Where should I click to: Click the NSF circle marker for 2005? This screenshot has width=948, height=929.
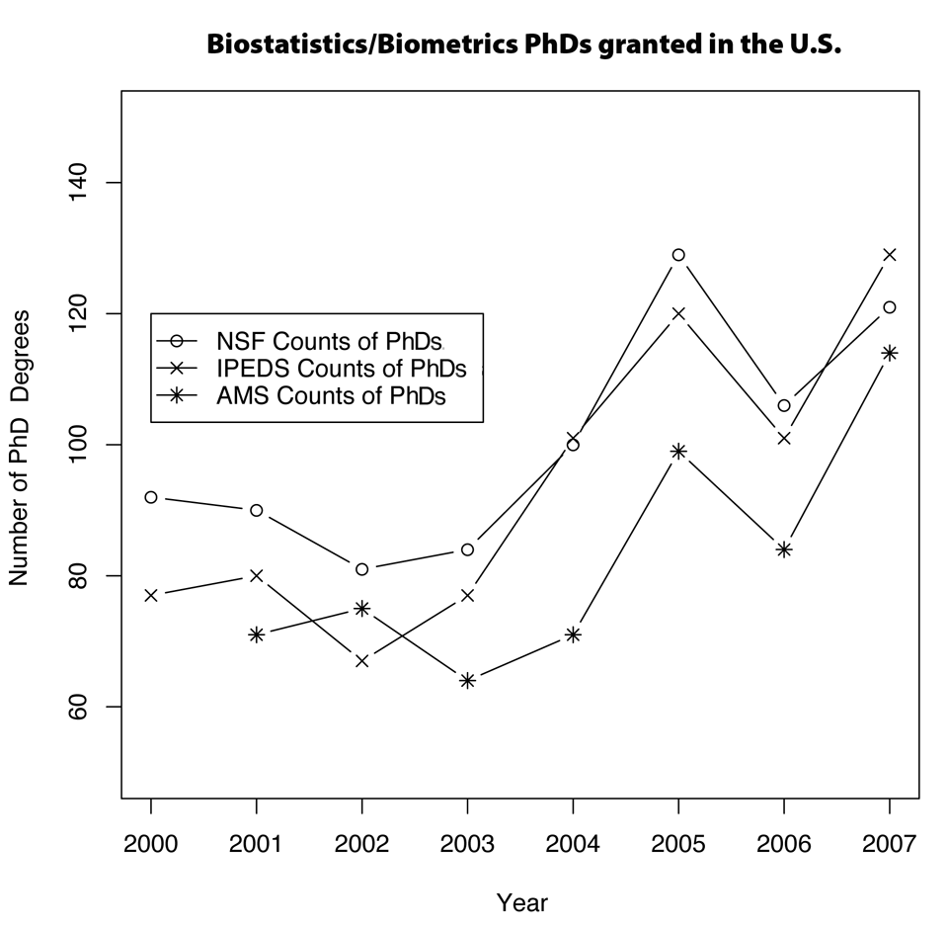[x=678, y=255]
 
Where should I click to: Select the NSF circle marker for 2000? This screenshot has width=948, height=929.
[x=151, y=497]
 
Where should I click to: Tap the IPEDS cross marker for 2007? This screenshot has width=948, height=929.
[x=890, y=255]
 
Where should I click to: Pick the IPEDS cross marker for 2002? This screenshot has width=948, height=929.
[x=362, y=660]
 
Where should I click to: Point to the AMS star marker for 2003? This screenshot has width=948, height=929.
[x=468, y=680]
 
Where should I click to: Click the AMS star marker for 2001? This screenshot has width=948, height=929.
[x=257, y=634]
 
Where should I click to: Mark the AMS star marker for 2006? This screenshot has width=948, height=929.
[x=784, y=549]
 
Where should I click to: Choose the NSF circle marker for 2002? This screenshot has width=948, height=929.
[x=362, y=569]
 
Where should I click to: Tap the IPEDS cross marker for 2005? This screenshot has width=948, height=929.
[x=678, y=313]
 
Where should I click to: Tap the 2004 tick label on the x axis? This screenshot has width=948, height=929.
[x=573, y=846]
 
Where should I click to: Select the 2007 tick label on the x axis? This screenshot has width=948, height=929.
[x=889, y=846]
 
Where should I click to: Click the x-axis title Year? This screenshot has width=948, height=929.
[x=521, y=902]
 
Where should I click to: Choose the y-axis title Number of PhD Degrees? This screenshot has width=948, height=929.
[x=19, y=447]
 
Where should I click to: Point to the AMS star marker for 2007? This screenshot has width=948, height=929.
[x=890, y=353]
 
